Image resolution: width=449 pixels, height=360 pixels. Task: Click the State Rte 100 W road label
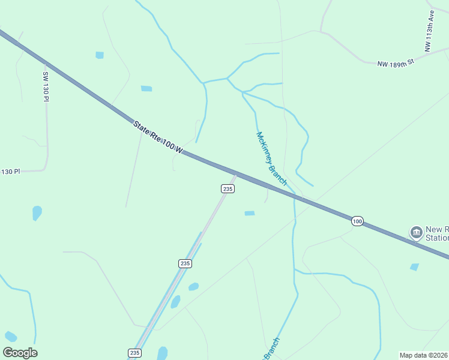(157, 137)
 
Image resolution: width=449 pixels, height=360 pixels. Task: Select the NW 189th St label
(396, 62)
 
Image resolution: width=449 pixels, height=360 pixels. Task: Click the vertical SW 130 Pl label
(45, 86)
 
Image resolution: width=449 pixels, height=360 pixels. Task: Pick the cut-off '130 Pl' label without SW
(10, 172)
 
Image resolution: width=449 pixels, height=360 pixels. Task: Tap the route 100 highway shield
(357, 221)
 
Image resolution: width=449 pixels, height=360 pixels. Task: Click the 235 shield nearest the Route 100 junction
(227, 188)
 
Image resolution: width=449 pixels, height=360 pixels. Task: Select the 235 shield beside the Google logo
(134, 353)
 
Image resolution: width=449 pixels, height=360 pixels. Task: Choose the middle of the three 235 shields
(185, 263)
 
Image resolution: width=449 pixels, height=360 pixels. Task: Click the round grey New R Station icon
(416, 232)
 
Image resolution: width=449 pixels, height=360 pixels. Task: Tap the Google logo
(20, 353)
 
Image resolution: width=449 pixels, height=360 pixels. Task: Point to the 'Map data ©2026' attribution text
(424, 355)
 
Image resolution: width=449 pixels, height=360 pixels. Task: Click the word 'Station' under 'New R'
(437, 238)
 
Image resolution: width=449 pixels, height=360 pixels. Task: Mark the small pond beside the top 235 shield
(250, 213)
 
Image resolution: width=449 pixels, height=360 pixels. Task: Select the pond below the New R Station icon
(414, 267)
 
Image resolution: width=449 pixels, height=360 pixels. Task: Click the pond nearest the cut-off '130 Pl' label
(37, 212)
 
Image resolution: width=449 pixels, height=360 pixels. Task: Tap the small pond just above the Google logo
(10, 337)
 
